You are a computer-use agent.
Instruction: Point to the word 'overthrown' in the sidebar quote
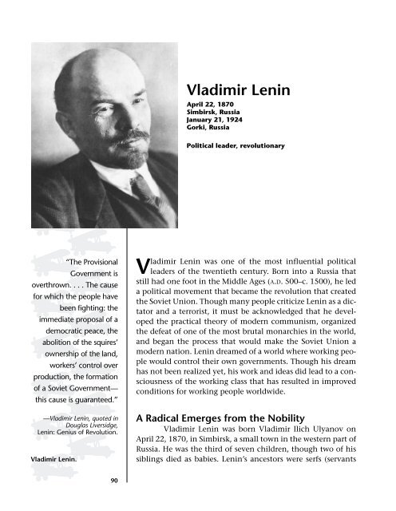click(x=35, y=290)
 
